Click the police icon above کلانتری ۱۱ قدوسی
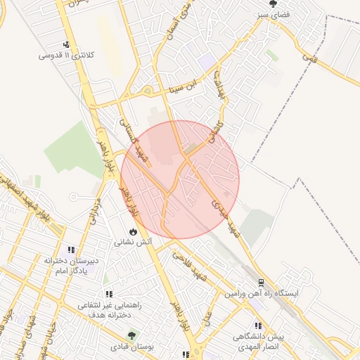click(67, 45)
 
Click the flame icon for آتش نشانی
click(133, 231)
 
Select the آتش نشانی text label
click(133, 242)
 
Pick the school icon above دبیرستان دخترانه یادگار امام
click(71, 250)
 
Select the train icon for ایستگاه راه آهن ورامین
click(261, 283)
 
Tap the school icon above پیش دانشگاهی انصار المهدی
click(258, 326)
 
